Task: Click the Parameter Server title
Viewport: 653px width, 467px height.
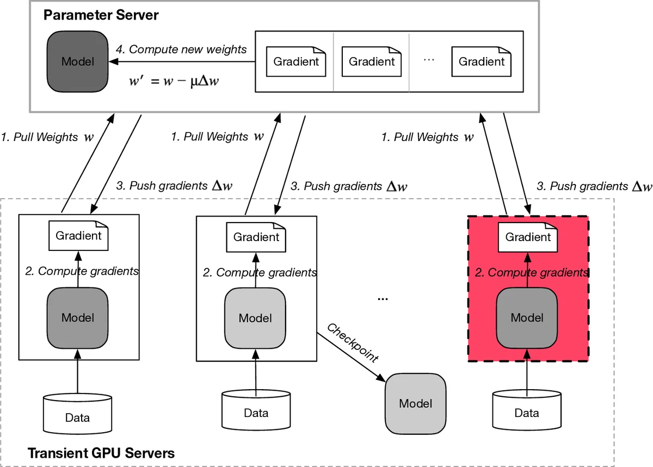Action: point(101,15)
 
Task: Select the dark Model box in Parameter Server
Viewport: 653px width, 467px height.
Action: point(77,62)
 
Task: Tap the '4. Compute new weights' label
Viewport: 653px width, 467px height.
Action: point(181,50)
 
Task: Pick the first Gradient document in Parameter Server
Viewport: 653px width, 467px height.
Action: point(295,62)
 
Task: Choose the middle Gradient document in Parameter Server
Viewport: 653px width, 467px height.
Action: point(371,62)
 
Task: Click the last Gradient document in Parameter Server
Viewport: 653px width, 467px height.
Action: point(481,62)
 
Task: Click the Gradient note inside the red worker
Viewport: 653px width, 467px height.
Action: point(527,237)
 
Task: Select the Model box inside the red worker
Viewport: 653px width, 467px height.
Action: point(527,317)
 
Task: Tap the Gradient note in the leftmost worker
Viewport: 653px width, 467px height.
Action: point(78,236)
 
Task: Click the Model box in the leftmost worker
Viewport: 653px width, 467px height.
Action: point(78,317)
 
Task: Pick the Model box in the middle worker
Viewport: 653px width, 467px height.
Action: point(255,318)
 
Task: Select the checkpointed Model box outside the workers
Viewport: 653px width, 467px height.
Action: point(415,403)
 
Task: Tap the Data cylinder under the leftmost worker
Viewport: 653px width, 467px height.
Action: point(77,417)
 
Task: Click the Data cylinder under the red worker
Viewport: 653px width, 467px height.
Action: point(527,413)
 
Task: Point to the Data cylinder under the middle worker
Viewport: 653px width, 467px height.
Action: point(256,413)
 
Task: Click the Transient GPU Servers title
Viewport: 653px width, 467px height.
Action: point(101,453)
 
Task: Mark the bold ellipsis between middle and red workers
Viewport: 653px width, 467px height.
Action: point(383,299)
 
